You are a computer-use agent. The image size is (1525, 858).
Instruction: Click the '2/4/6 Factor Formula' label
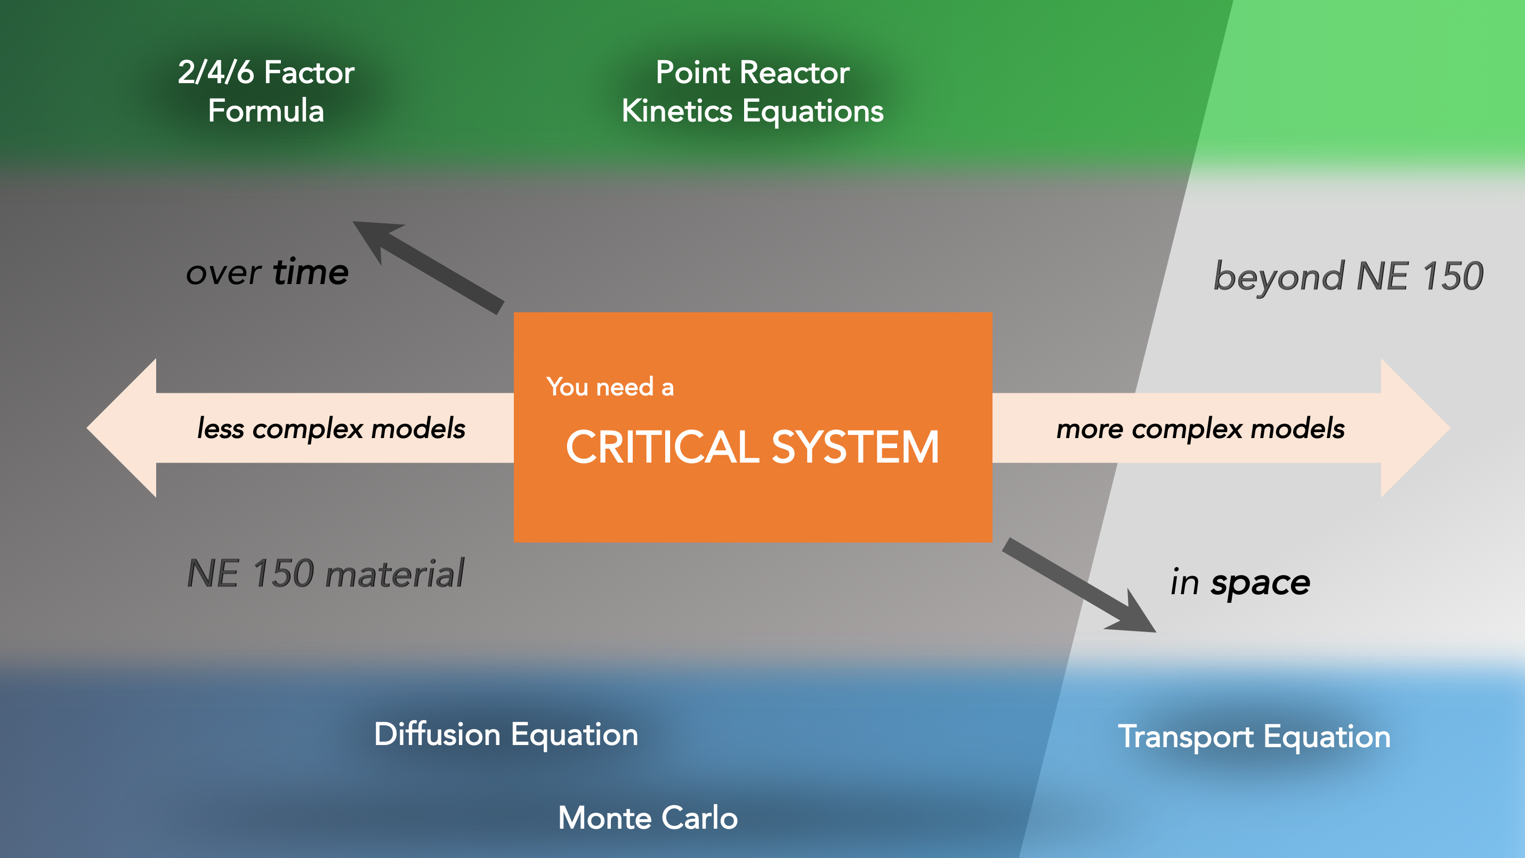tap(266, 92)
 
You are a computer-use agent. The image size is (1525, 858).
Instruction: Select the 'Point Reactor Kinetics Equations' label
tap(753, 92)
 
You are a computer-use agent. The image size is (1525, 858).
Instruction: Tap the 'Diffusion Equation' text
tap(506, 734)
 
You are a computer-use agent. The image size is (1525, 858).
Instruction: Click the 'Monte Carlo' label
tap(648, 817)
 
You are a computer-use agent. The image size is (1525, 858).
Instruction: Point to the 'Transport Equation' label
tap(1254, 737)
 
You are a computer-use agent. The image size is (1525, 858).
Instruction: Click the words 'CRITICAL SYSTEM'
tap(753, 447)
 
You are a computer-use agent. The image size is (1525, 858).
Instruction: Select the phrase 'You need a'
tap(610, 387)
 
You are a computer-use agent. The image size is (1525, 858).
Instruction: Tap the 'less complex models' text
tap(331, 428)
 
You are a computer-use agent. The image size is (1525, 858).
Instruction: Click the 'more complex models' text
tap(1200, 428)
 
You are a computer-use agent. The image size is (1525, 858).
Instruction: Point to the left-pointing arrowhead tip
tap(87, 428)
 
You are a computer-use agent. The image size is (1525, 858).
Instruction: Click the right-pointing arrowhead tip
tap(1450, 428)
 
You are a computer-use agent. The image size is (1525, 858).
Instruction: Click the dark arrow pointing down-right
tap(1079, 585)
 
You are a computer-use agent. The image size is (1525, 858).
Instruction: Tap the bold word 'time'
tap(311, 272)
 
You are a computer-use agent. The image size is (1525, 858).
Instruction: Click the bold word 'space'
tap(1261, 584)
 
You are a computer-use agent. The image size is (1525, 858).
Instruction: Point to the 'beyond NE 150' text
tap(1349, 277)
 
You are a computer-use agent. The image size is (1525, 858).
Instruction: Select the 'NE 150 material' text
tap(326, 574)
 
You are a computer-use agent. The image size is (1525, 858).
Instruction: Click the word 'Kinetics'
tap(676, 111)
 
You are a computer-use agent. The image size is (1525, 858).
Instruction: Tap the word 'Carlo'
tap(699, 817)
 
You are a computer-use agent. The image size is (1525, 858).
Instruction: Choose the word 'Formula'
tap(266, 111)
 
